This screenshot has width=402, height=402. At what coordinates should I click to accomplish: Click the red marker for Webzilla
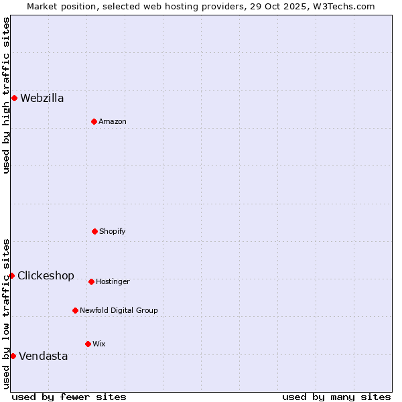[14, 98]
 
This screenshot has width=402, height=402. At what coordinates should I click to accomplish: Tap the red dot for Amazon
[94, 121]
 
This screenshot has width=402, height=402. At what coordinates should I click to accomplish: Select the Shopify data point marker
[94, 231]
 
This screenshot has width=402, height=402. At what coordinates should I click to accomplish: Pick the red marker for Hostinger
[91, 281]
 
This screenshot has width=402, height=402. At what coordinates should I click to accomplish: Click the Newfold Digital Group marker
[75, 310]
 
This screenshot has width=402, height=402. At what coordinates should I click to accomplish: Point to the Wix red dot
[88, 344]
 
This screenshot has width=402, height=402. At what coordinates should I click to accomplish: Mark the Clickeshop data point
[11, 275]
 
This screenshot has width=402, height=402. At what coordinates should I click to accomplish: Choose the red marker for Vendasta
[13, 356]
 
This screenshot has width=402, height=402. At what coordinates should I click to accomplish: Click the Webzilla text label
[42, 98]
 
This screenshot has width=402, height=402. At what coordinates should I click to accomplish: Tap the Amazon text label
[113, 121]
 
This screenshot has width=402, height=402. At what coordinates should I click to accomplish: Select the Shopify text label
[112, 231]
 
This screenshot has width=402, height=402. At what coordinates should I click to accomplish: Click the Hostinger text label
[113, 281]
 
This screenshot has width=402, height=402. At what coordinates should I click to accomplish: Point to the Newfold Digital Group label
[119, 310]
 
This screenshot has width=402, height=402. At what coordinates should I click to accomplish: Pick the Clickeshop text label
[46, 275]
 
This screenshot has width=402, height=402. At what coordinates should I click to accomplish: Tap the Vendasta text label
[43, 356]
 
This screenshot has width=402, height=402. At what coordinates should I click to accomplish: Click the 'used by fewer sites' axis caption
[69, 397]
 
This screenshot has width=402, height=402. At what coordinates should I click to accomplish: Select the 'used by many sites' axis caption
[336, 397]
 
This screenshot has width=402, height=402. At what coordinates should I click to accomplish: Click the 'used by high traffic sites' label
[6, 95]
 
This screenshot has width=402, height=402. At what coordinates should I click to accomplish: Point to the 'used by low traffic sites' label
[6, 314]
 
